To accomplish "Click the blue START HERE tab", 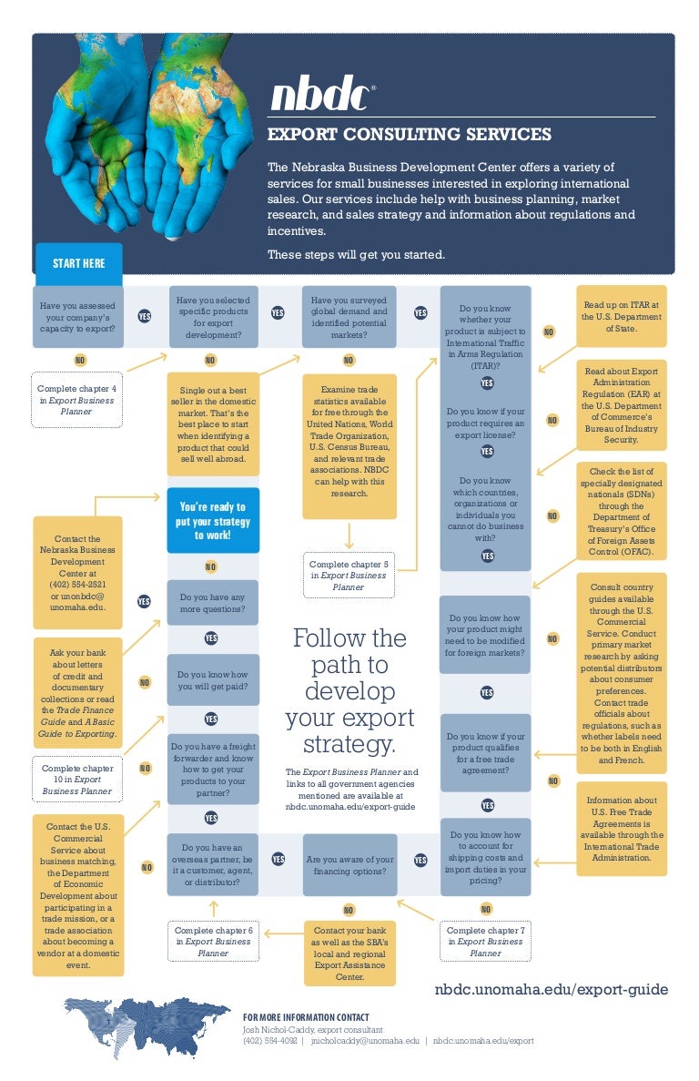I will tap(78, 263).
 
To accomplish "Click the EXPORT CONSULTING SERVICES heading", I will tap(409, 135).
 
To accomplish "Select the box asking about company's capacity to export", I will tap(77, 317).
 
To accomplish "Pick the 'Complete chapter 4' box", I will tap(76, 400).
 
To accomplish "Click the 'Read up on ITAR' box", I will tap(622, 316).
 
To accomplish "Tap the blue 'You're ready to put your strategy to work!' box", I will tap(212, 521).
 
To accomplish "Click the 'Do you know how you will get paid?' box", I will tap(212, 680).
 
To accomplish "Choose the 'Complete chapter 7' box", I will tap(485, 942).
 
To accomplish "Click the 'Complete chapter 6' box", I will tap(213, 942).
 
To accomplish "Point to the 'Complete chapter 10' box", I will tap(77, 780).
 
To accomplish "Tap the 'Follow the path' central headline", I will tap(349, 690).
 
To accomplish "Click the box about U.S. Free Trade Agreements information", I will tap(622, 829).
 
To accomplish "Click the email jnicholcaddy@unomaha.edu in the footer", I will tap(365, 1040).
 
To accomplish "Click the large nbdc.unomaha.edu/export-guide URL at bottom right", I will tap(551, 989).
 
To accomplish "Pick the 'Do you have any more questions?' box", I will tap(212, 602).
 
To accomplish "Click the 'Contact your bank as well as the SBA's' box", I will tap(349, 954).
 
